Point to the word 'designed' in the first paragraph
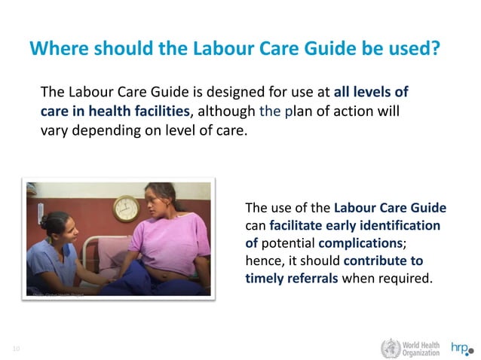click(x=224, y=93)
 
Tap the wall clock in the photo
click(x=125, y=209)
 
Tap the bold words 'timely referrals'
click(x=293, y=278)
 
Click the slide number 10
click(x=16, y=347)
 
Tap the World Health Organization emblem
click(x=391, y=348)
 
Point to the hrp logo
click(x=462, y=348)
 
